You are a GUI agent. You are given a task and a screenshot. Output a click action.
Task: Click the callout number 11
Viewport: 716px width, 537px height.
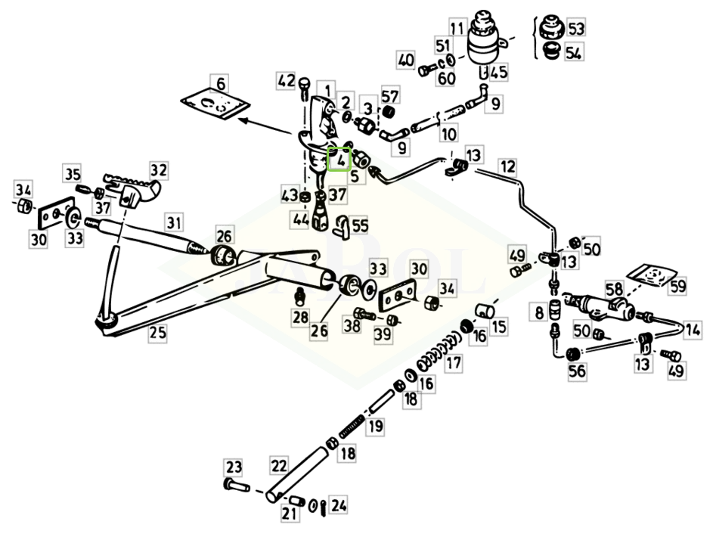pyautogui.click(x=457, y=28)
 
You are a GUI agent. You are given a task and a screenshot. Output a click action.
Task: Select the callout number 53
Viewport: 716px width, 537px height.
pyautogui.click(x=576, y=28)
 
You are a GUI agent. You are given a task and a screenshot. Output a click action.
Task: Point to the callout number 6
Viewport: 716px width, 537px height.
pyautogui.click(x=221, y=84)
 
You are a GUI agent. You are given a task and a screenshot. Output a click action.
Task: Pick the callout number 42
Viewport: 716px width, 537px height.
pyautogui.click(x=287, y=81)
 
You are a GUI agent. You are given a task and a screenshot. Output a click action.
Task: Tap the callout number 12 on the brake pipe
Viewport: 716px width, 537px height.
pyautogui.click(x=507, y=166)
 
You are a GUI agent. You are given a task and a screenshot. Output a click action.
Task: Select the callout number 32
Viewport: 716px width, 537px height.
pyautogui.click(x=159, y=170)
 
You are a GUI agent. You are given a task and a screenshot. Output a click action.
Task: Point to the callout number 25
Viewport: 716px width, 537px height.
pyautogui.click(x=157, y=332)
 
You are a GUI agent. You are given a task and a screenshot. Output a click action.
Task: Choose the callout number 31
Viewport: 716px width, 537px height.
pyautogui.click(x=174, y=223)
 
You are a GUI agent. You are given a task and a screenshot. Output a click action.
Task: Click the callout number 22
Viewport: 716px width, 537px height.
pyautogui.click(x=278, y=465)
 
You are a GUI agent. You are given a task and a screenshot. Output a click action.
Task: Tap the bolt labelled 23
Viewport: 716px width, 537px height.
pyautogui.click(x=237, y=486)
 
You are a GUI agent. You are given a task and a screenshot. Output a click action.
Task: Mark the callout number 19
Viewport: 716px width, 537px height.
pyautogui.click(x=375, y=427)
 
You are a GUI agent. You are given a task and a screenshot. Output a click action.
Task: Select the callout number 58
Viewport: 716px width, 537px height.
pyautogui.click(x=614, y=289)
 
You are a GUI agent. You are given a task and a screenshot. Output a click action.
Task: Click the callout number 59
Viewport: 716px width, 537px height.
pyautogui.click(x=678, y=287)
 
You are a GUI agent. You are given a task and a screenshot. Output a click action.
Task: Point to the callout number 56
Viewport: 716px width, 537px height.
pyautogui.click(x=576, y=371)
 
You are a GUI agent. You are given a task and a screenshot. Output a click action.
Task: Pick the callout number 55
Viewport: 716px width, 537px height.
pyautogui.click(x=361, y=225)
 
